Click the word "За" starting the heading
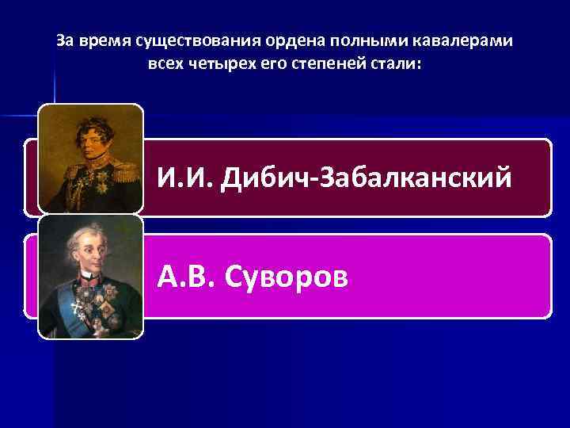click(x=64, y=40)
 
